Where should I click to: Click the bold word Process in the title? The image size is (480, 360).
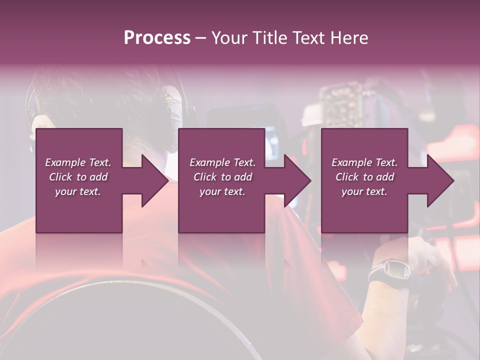[x=157, y=38]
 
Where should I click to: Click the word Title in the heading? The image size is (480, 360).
[x=270, y=38]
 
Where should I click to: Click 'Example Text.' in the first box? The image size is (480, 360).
[x=78, y=162]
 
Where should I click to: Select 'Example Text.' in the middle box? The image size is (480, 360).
[x=222, y=162]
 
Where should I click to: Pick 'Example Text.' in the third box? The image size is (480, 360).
[x=364, y=162]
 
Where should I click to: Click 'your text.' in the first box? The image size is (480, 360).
[x=78, y=191]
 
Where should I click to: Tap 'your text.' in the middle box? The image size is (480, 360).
[x=222, y=191]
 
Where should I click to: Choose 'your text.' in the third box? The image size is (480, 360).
[x=364, y=191]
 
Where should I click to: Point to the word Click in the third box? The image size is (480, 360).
[x=347, y=177]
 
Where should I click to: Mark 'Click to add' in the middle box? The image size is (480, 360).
[x=222, y=177]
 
